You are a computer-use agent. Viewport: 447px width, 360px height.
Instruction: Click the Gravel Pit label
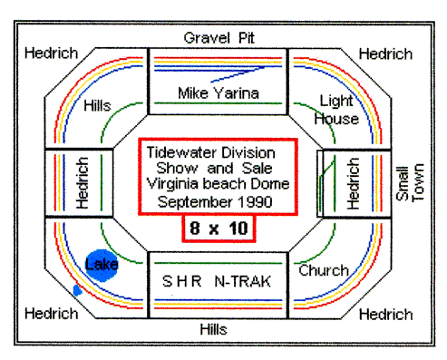[x=218, y=38]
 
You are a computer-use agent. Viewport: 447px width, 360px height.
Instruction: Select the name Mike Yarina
[x=218, y=92]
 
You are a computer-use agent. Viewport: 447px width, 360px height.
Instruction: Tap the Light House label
[x=335, y=109]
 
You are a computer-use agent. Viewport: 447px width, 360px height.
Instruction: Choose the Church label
[x=324, y=270]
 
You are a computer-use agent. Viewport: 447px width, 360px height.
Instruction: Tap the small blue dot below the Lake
[x=77, y=290]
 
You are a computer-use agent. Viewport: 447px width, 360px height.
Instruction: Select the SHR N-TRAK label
[x=217, y=280]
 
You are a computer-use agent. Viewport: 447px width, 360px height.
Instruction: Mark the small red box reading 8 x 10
[x=217, y=229]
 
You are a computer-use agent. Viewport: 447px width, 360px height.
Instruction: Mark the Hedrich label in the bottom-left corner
[x=51, y=314]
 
